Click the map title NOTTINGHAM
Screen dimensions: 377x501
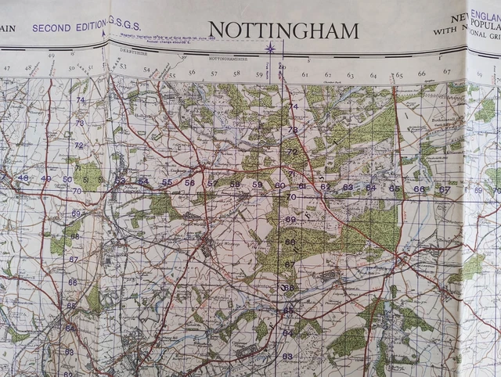click(x=284, y=31)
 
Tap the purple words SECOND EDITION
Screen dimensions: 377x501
click(x=69, y=27)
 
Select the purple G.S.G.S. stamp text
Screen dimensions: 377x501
click(x=124, y=23)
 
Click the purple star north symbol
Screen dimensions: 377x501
click(x=270, y=48)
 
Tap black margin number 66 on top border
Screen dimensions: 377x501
click(x=422, y=74)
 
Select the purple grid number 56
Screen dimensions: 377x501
click(x=189, y=183)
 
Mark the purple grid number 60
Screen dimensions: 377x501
click(x=279, y=185)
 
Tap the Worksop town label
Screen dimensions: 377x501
click(x=207, y=247)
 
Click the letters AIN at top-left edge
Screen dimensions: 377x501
click(x=9, y=29)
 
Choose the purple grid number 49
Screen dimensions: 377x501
click(x=45, y=178)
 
